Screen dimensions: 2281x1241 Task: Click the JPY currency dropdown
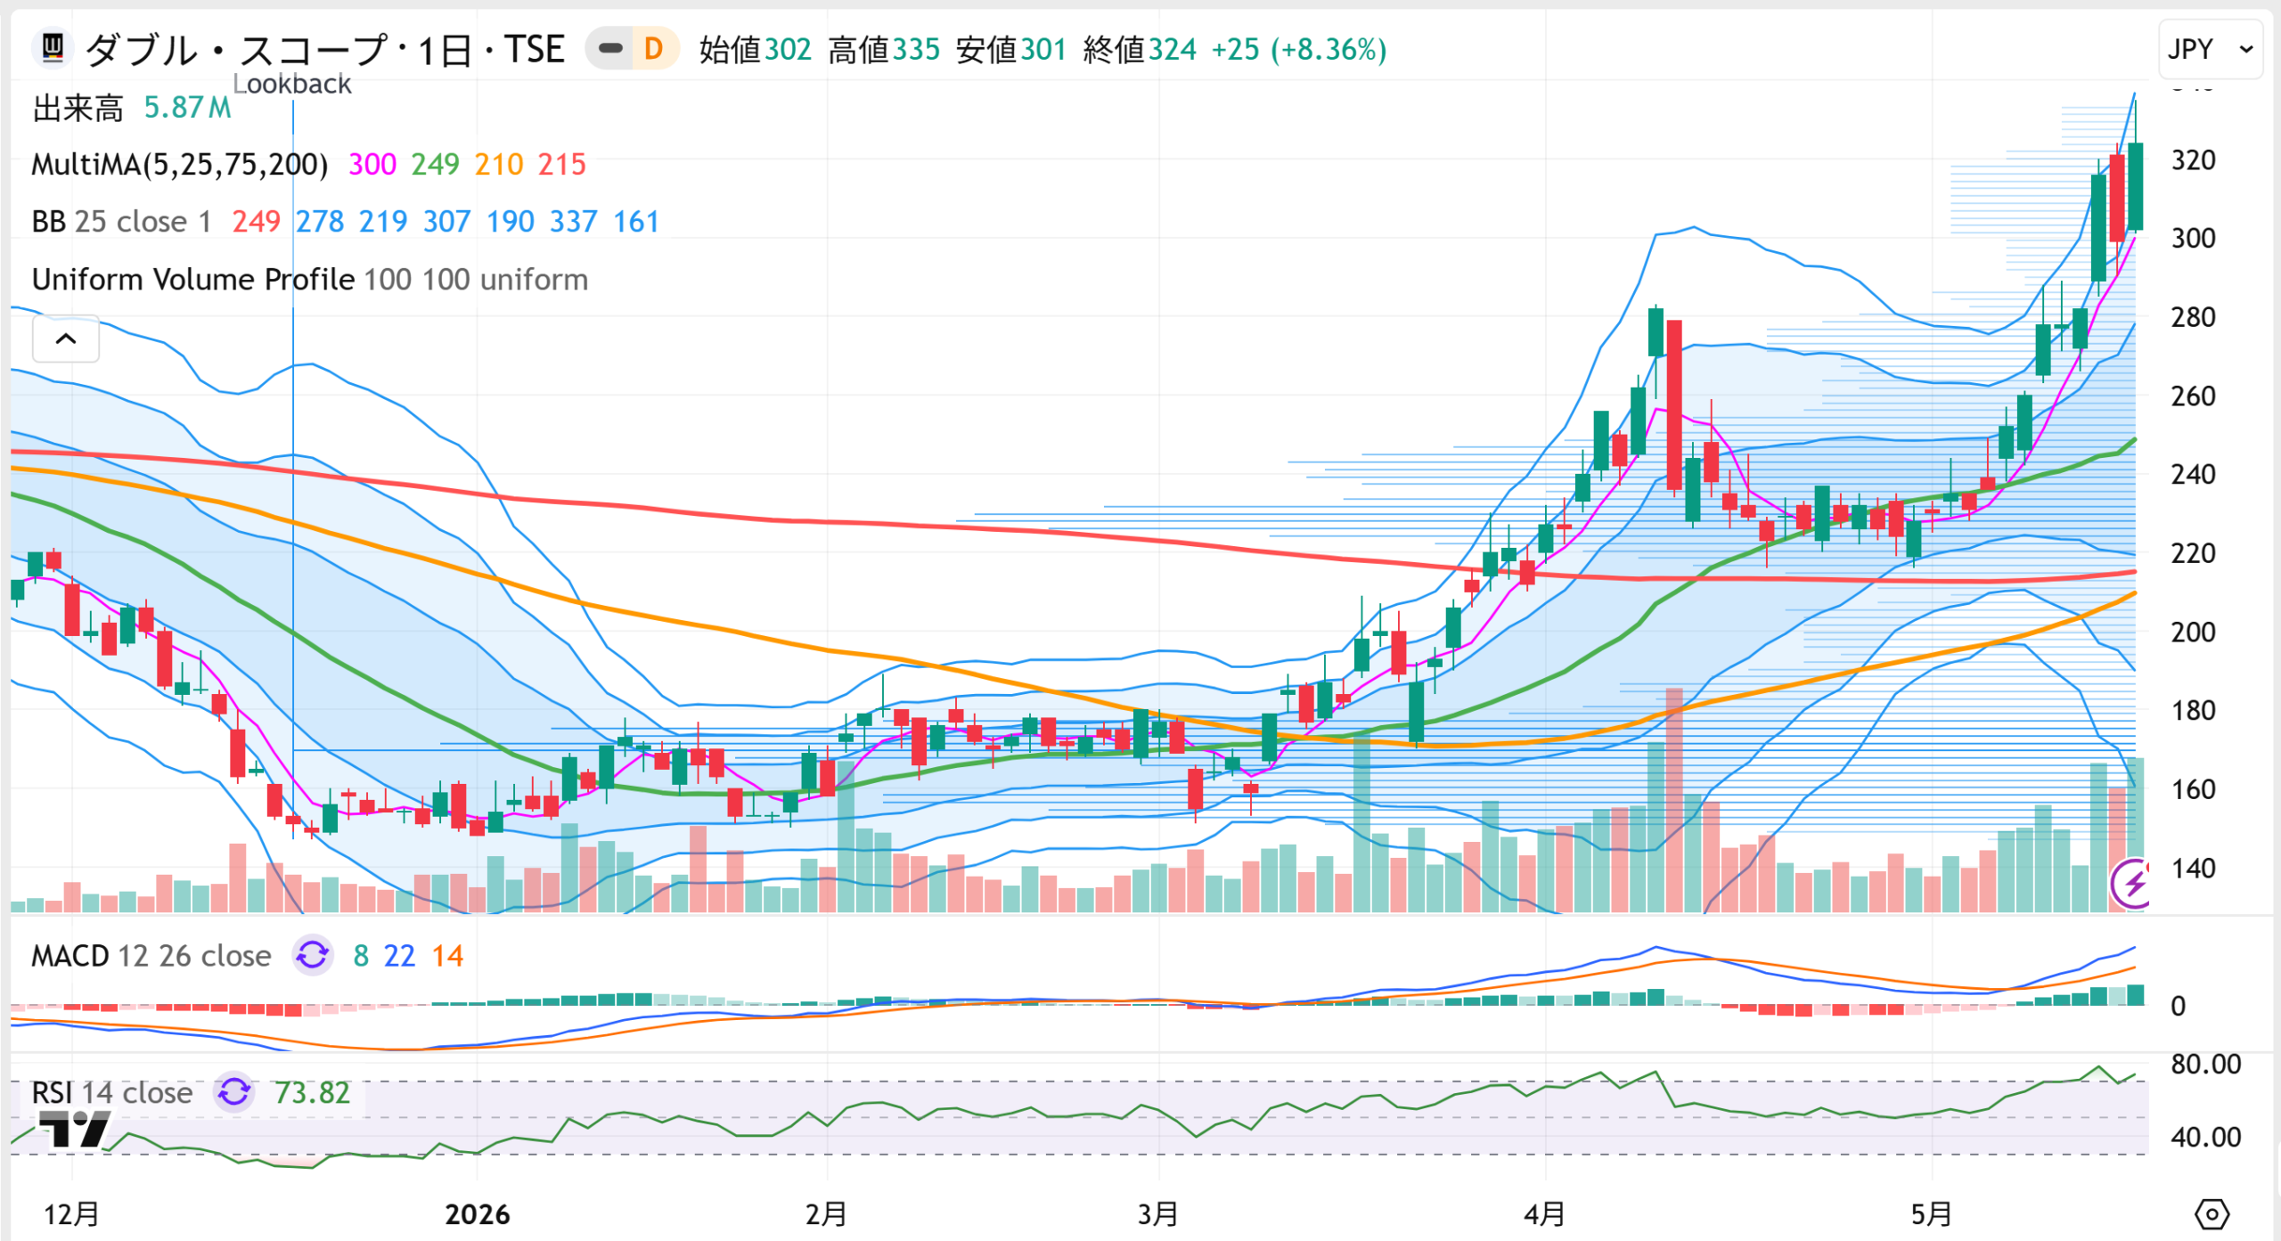pyautogui.click(x=2210, y=49)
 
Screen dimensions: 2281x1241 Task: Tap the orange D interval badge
pyautogui.click(x=653, y=49)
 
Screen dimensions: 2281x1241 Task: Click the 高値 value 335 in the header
pyautogui.click(x=916, y=50)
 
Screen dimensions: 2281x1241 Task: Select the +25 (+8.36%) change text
pyautogui.click(x=1298, y=50)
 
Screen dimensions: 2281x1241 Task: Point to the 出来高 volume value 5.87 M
pyautogui.click(x=187, y=108)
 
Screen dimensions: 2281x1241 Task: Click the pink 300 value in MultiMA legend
pyautogui.click(x=372, y=165)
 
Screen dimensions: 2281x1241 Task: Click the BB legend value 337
pyautogui.click(x=573, y=222)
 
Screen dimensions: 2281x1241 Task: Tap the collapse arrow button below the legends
pyautogui.click(x=66, y=339)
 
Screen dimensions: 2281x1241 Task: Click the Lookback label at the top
pyautogui.click(x=292, y=84)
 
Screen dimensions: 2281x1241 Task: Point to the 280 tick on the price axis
pyautogui.click(x=2193, y=317)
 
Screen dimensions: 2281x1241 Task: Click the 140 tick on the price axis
pyautogui.click(x=2193, y=869)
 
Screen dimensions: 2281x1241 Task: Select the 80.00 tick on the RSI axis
pyautogui.click(x=2205, y=1065)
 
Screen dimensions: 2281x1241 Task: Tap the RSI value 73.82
pyautogui.click(x=312, y=1093)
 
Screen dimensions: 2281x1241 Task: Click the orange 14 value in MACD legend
pyautogui.click(x=447, y=957)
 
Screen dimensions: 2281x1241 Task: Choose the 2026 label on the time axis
pyautogui.click(x=478, y=1214)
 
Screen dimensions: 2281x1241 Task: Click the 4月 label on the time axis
pyautogui.click(x=1544, y=1214)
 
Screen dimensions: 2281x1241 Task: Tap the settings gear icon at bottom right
pyautogui.click(x=2212, y=1214)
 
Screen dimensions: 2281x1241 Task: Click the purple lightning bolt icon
pyautogui.click(x=2131, y=884)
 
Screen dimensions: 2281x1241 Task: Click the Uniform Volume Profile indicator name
pyautogui.click(x=193, y=280)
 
